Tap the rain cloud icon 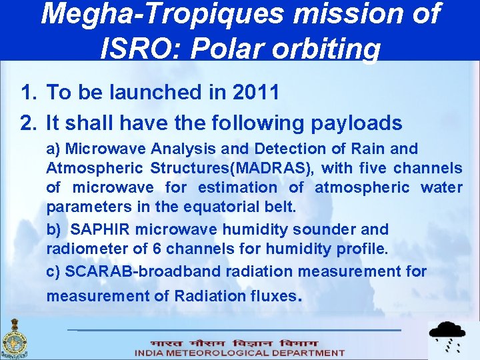point(447,336)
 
